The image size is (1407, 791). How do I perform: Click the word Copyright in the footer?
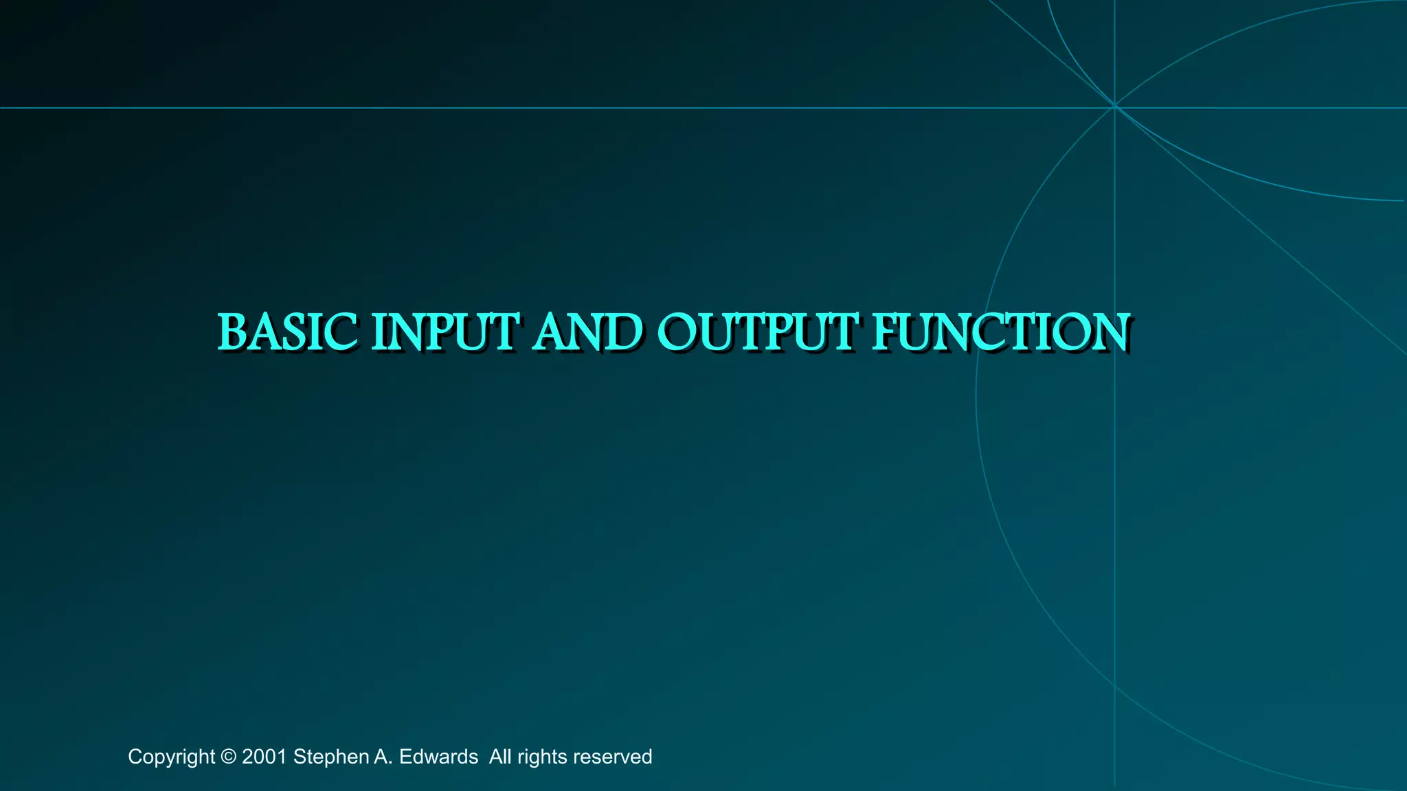click(x=171, y=757)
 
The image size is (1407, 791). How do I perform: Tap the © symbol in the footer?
click(x=229, y=757)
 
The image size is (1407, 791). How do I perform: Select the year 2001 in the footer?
click(x=264, y=757)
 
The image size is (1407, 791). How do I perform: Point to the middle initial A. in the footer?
click(x=383, y=757)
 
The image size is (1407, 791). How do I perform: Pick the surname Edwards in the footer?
click(x=438, y=757)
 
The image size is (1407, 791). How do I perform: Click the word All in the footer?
click(x=500, y=757)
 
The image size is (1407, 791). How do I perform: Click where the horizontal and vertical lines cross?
click(x=1114, y=108)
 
